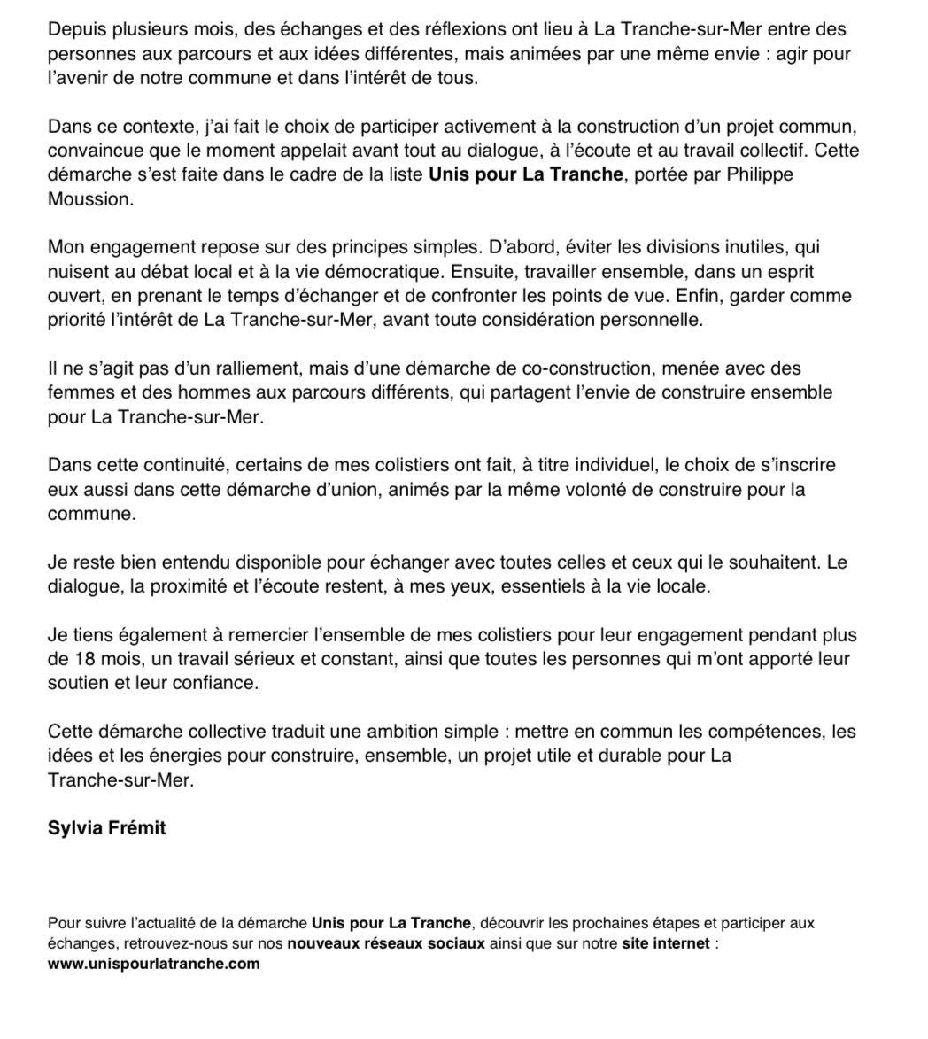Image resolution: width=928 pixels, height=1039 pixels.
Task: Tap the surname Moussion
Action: pos(89,199)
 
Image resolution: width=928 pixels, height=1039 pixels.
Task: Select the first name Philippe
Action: pos(761,174)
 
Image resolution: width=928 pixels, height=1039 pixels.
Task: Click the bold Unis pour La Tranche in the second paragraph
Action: pos(526,174)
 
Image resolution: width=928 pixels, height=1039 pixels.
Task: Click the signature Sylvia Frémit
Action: pos(106,829)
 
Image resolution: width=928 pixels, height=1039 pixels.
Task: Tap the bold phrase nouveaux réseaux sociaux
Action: pos(386,943)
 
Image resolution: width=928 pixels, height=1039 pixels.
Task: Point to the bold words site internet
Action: pos(666,943)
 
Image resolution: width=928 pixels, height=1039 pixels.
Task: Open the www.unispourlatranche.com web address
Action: pos(154,964)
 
